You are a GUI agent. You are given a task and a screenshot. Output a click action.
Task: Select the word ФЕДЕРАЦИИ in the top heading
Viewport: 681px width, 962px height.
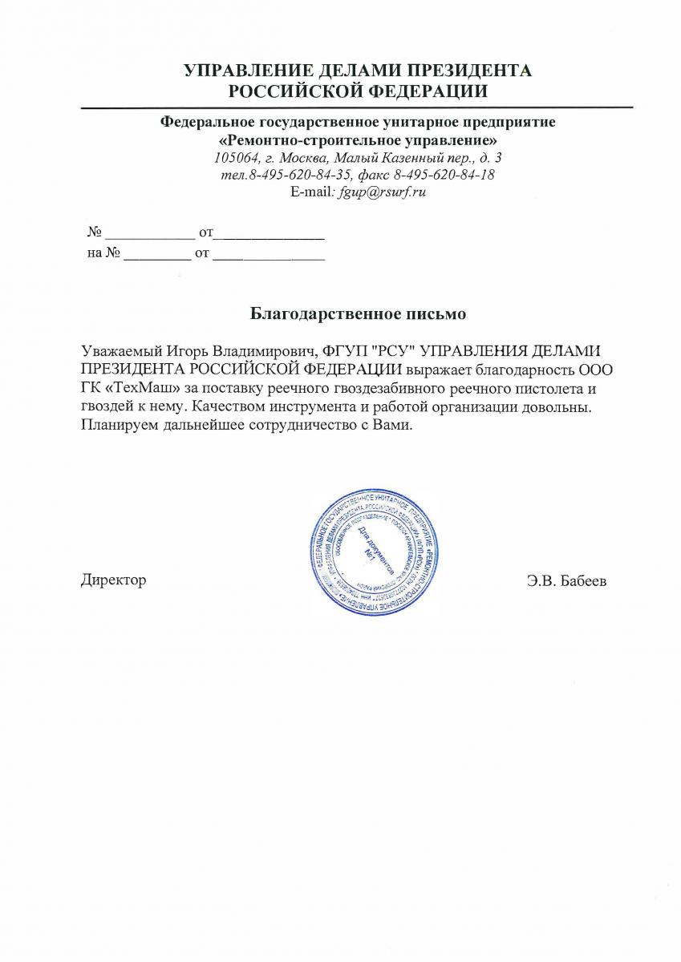(428, 91)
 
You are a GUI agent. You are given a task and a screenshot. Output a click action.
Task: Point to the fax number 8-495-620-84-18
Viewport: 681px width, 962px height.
(439, 176)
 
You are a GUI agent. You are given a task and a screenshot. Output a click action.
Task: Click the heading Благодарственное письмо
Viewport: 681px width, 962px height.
(358, 312)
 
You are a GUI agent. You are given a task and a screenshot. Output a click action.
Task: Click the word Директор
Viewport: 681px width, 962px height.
(113, 580)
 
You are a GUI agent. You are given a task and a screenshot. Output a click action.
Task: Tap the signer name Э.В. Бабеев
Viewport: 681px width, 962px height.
(566, 580)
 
